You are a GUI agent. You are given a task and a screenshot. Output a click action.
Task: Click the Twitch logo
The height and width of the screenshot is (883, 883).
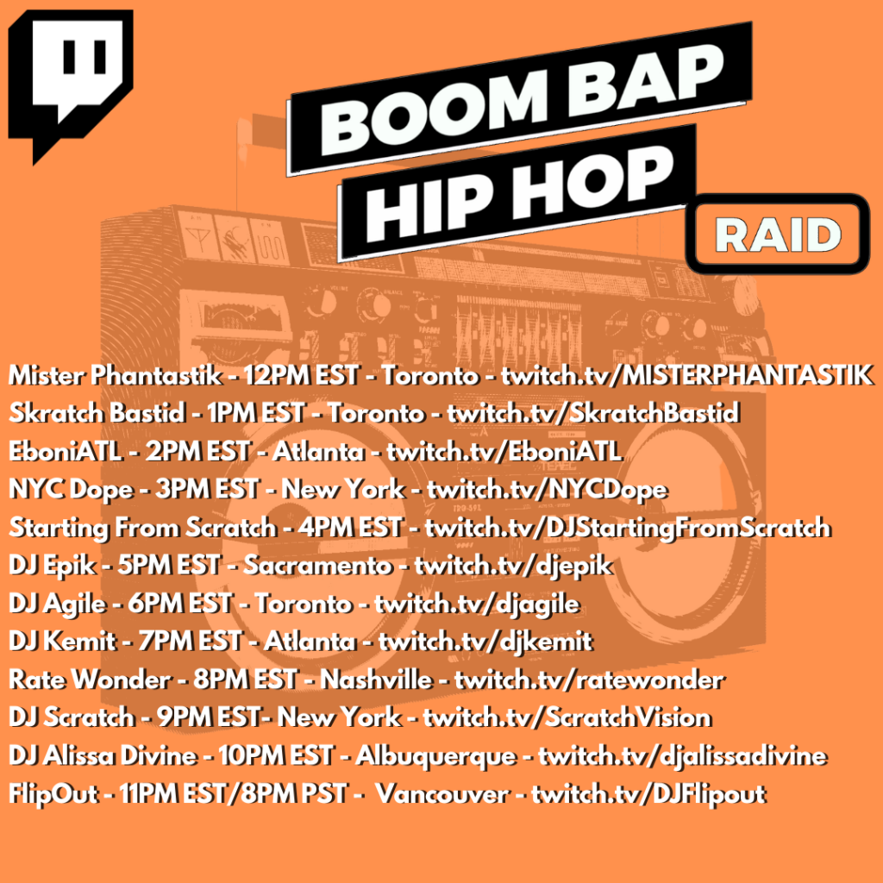point(71,85)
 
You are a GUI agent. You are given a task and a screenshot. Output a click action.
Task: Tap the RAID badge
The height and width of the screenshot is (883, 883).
point(778,234)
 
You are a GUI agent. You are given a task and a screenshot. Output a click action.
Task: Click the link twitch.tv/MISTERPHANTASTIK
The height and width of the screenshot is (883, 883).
point(687,376)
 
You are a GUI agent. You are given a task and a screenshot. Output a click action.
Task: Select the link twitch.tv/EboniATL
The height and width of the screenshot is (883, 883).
point(504,451)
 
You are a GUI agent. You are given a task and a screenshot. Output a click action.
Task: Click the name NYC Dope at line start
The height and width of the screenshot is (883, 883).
point(71,490)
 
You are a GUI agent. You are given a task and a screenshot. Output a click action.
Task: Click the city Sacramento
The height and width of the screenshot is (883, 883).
point(317,566)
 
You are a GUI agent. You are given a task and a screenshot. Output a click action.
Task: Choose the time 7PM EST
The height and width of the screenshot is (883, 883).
point(190,642)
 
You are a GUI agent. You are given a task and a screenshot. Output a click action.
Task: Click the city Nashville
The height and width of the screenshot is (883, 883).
point(376,679)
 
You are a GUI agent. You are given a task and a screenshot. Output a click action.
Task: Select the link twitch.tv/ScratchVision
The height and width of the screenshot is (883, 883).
point(567,717)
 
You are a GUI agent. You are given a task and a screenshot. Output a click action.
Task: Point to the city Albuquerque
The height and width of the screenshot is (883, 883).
point(435,756)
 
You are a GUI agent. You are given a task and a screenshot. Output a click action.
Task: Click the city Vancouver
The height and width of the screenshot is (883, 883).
point(442,794)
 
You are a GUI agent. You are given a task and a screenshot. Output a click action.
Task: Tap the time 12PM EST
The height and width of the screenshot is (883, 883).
point(301,376)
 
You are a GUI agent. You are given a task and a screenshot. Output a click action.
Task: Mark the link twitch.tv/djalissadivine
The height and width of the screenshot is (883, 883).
point(683,756)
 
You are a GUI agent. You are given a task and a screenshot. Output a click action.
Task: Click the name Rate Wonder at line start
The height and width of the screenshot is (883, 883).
point(90,679)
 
